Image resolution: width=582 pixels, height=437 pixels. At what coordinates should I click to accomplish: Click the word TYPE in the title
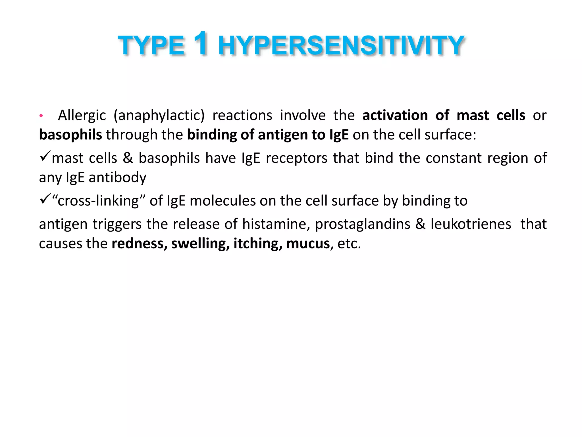point(151,46)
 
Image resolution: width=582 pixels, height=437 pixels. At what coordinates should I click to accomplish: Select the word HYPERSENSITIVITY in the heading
point(341,46)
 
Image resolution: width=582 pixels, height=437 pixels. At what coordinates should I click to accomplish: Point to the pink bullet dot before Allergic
point(41,116)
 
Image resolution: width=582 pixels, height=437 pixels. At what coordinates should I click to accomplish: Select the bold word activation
point(395,115)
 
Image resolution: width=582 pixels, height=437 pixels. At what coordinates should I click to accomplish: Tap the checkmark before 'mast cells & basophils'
point(45,156)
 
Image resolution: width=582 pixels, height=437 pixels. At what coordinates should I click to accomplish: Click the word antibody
point(117,178)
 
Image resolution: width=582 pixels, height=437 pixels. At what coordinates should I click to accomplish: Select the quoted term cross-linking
point(98,201)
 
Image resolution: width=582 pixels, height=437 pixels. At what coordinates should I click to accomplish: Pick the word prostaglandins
point(363,224)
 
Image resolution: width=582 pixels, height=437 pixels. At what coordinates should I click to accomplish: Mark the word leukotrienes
point(471,224)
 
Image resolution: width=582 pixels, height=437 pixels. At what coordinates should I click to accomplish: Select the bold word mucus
point(308,244)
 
